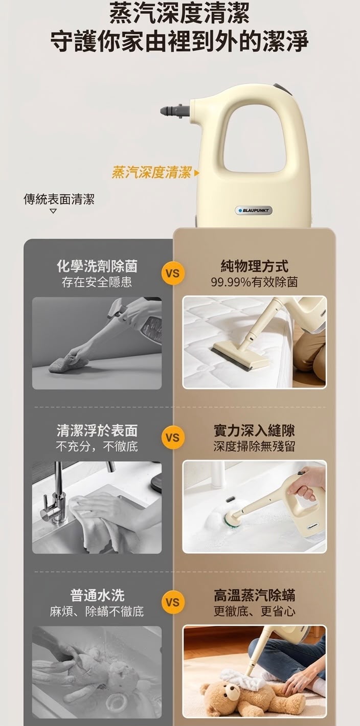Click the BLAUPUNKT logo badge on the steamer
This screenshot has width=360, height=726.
pyautogui.click(x=254, y=210)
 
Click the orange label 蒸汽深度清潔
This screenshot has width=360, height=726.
pyautogui.click(x=152, y=172)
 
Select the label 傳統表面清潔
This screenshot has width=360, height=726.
pyautogui.click(x=59, y=199)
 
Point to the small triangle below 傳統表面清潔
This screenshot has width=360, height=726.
pyautogui.click(x=53, y=211)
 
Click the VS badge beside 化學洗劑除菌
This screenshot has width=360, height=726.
pyautogui.click(x=173, y=273)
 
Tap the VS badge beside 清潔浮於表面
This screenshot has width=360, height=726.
pyautogui.click(x=173, y=438)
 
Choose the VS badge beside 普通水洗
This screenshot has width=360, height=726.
pyautogui.click(x=173, y=602)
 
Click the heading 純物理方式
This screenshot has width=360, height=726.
pyautogui.click(x=254, y=266)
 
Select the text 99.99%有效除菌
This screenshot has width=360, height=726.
pyautogui.click(x=254, y=282)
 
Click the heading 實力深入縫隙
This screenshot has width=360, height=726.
pyautogui.click(x=254, y=430)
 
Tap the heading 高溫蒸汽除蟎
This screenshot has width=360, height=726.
pyautogui.click(x=254, y=595)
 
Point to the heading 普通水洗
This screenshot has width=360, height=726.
pyautogui.click(x=97, y=595)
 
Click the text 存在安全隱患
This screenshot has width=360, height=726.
pyautogui.click(x=97, y=282)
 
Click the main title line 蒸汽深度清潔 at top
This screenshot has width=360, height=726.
pyautogui.click(x=180, y=14)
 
